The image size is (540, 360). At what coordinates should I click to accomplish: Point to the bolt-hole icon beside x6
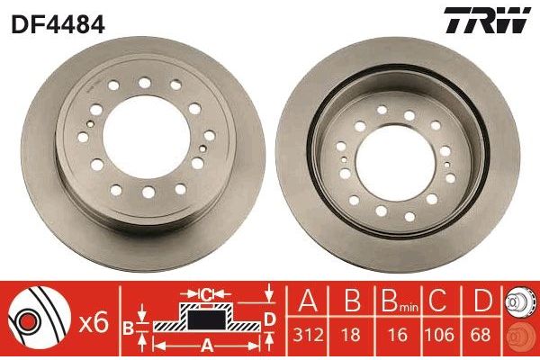click(37, 319)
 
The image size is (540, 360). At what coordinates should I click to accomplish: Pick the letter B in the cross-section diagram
click(130, 326)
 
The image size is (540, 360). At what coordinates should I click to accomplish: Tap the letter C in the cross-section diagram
click(206, 293)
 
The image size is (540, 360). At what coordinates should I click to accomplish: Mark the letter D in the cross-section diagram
click(270, 319)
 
